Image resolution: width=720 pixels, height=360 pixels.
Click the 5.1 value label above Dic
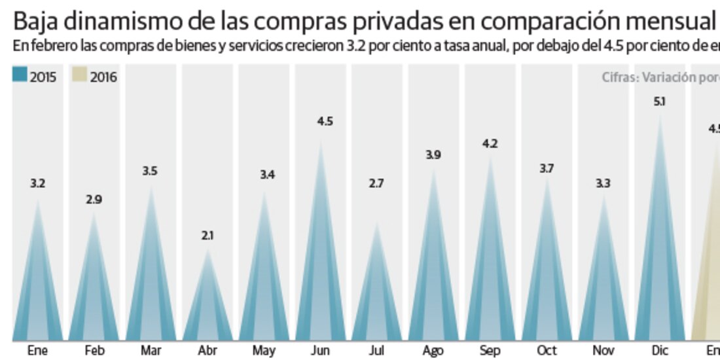[x=660, y=101]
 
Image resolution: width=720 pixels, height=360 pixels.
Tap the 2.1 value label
[x=207, y=235]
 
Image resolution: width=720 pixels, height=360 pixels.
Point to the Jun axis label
[x=320, y=351]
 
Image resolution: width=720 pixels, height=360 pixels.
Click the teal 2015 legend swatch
[x=20, y=77]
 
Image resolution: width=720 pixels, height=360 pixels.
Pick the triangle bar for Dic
[x=660, y=262]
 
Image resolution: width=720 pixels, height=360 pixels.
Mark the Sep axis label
[x=490, y=351]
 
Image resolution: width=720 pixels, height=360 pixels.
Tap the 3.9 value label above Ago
[x=433, y=155]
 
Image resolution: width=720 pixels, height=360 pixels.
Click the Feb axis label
[x=94, y=351]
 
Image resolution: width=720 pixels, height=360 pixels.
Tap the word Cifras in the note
[x=619, y=77]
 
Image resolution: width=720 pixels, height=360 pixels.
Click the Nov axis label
[x=603, y=351]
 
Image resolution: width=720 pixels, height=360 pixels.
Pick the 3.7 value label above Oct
[x=547, y=168]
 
